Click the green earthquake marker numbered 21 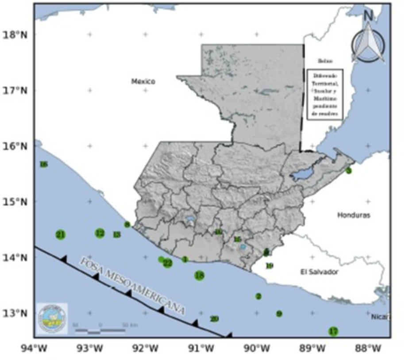point(61,234)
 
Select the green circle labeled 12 point(100,233)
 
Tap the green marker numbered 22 point(167,263)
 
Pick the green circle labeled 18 point(199,276)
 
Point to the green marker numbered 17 point(334,331)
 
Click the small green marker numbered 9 point(279,314)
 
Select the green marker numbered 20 point(214,318)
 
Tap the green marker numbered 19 point(269,266)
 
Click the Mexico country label point(143,81)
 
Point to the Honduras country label point(354,216)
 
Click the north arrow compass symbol point(368,40)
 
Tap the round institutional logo point(52,318)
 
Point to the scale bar point(100,329)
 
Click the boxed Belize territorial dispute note point(325,94)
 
